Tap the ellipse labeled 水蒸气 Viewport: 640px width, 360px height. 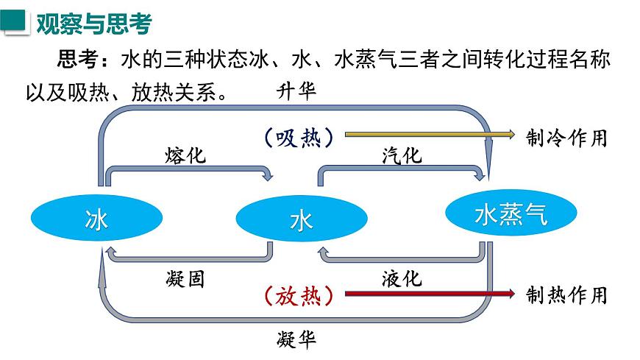pyautogui.click(x=511, y=214)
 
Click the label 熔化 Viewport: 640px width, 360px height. pyautogui.click(x=185, y=155)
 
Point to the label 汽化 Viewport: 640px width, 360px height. pyautogui.click(x=401, y=155)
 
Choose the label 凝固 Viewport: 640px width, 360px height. pyautogui.click(x=185, y=279)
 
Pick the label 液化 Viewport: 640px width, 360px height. pyautogui.click(x=402, y=279)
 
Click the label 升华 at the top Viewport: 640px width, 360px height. pyautogui.click(x=296, y=91)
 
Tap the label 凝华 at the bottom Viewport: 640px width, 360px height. pyautogui.click(x=296, y=339)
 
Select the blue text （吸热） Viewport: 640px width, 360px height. pyautogui.click(x=296, y=137)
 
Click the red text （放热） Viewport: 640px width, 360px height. pyautogui.click(x=296, y=296)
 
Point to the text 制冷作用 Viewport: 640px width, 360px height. pyautogui.click(x=567, y=137)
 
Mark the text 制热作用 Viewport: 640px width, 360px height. pyautogui.click(x=567, y=295)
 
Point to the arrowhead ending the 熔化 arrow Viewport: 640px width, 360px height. pyautogui.click(x=269, y=176)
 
